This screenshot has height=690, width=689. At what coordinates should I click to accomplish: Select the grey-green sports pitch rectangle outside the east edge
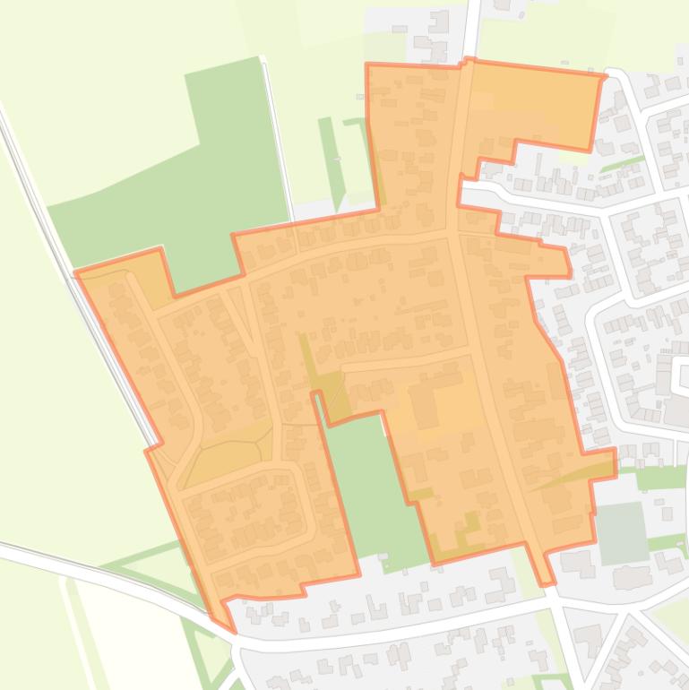coord(622,532)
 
